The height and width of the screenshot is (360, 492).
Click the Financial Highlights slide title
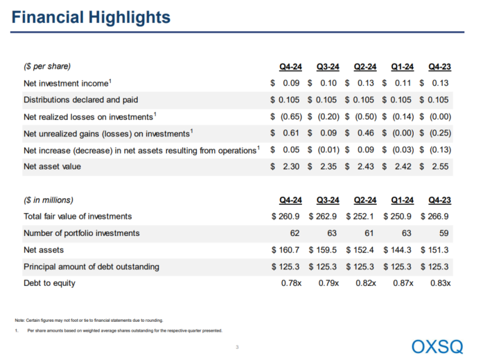click(x=90, y=16)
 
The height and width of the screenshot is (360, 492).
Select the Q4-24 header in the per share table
click(x=290, y=66)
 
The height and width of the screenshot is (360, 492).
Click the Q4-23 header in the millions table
click(x=439, y=201)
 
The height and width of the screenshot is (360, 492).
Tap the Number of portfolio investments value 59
click(x=445, y=233)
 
